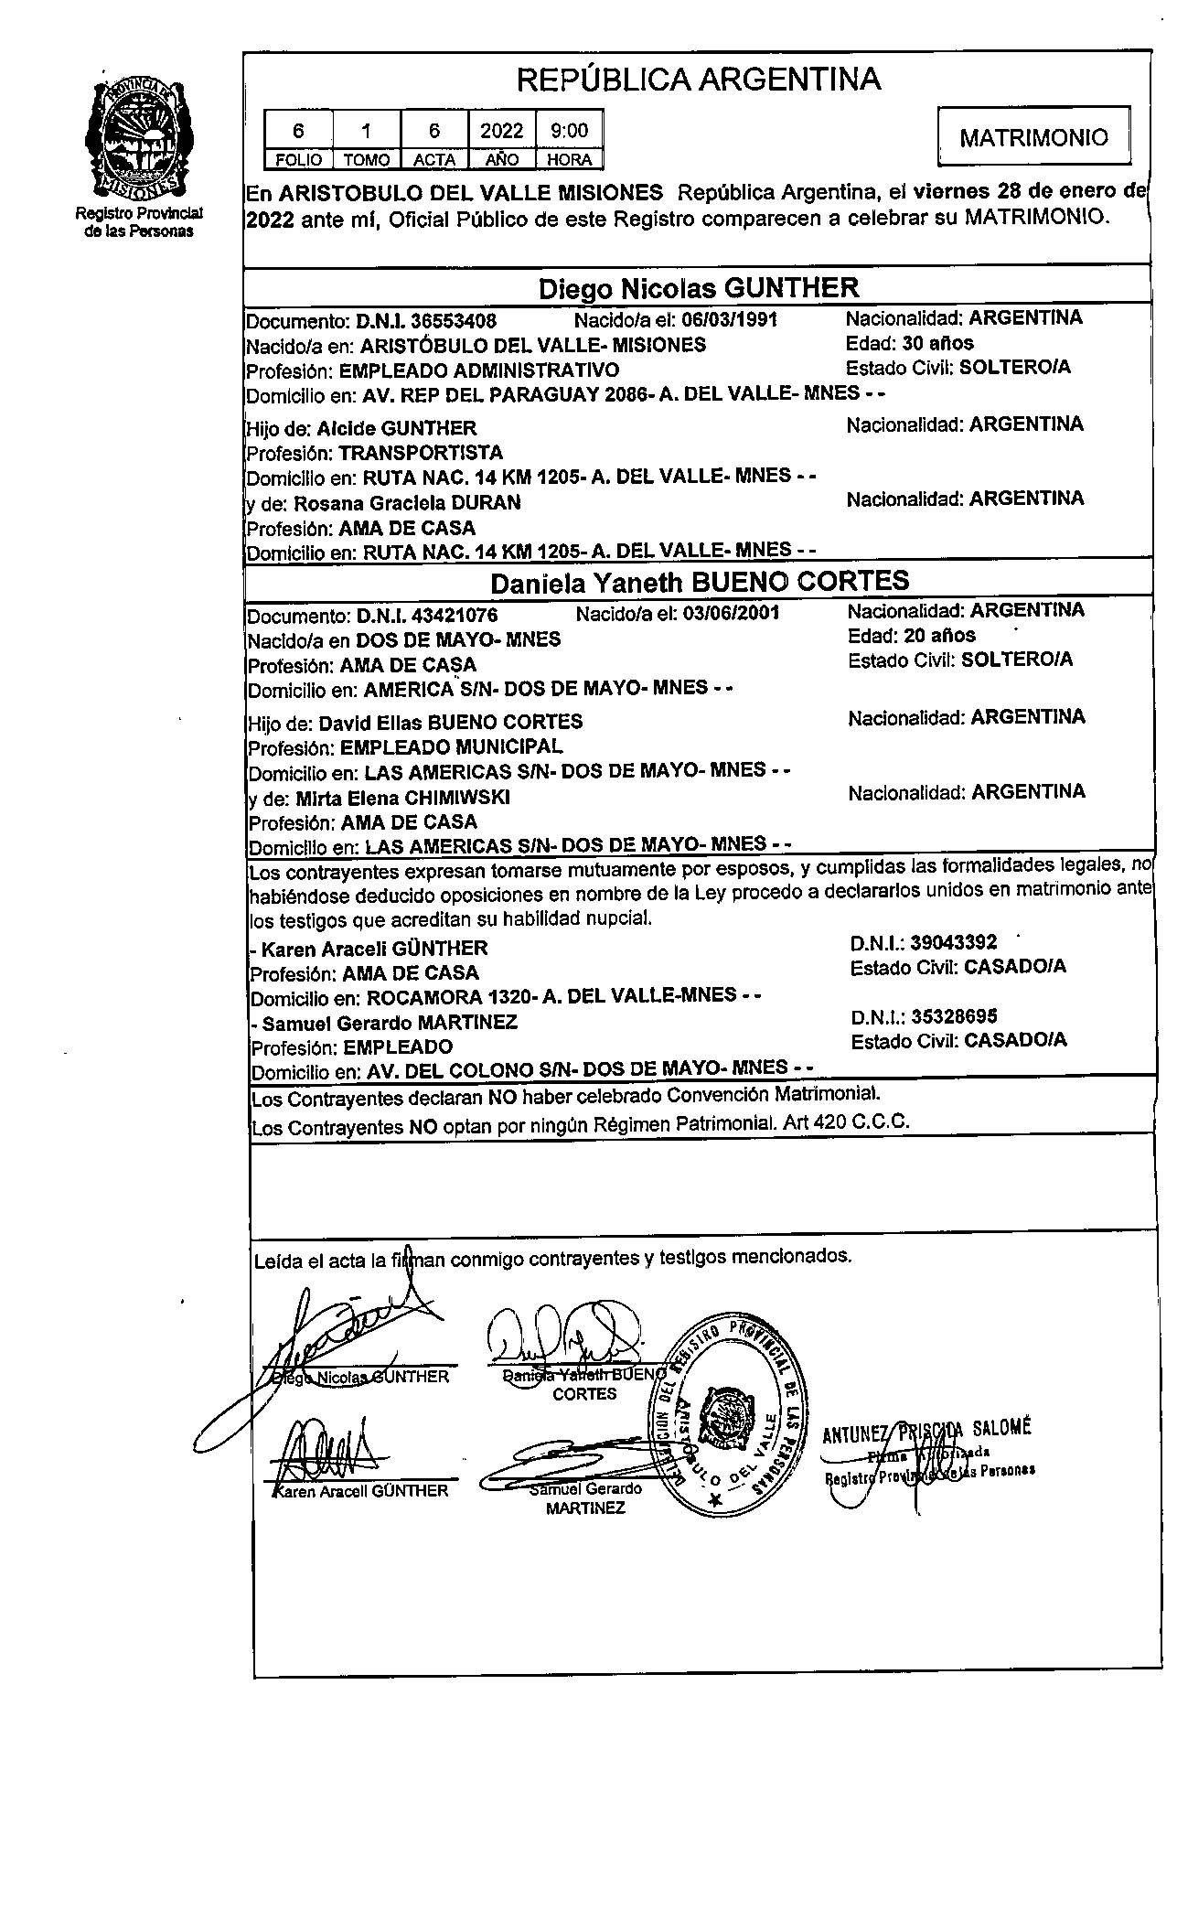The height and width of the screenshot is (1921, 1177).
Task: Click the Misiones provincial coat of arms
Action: [140, 138]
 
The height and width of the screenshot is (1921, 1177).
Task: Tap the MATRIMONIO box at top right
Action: [1033, 137]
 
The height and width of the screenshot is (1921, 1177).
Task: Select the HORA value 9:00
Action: [569, 131]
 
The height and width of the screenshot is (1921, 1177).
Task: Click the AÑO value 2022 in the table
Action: [501, 131]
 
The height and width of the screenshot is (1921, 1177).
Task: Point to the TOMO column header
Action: [367, 160]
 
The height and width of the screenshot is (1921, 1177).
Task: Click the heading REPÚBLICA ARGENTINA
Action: [699, 80]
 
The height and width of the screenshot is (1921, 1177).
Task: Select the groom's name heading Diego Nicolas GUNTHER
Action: [698, 289]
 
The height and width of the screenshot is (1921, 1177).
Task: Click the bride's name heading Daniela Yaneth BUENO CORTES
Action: [700, 582]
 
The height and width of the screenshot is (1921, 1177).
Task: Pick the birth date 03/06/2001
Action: [731, 613]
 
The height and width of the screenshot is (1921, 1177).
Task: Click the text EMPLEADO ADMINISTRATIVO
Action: [478, 370]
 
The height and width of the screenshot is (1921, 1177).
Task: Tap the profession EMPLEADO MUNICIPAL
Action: [452, 746]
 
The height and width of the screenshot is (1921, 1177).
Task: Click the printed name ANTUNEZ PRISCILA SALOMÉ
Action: [926, 1432]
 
